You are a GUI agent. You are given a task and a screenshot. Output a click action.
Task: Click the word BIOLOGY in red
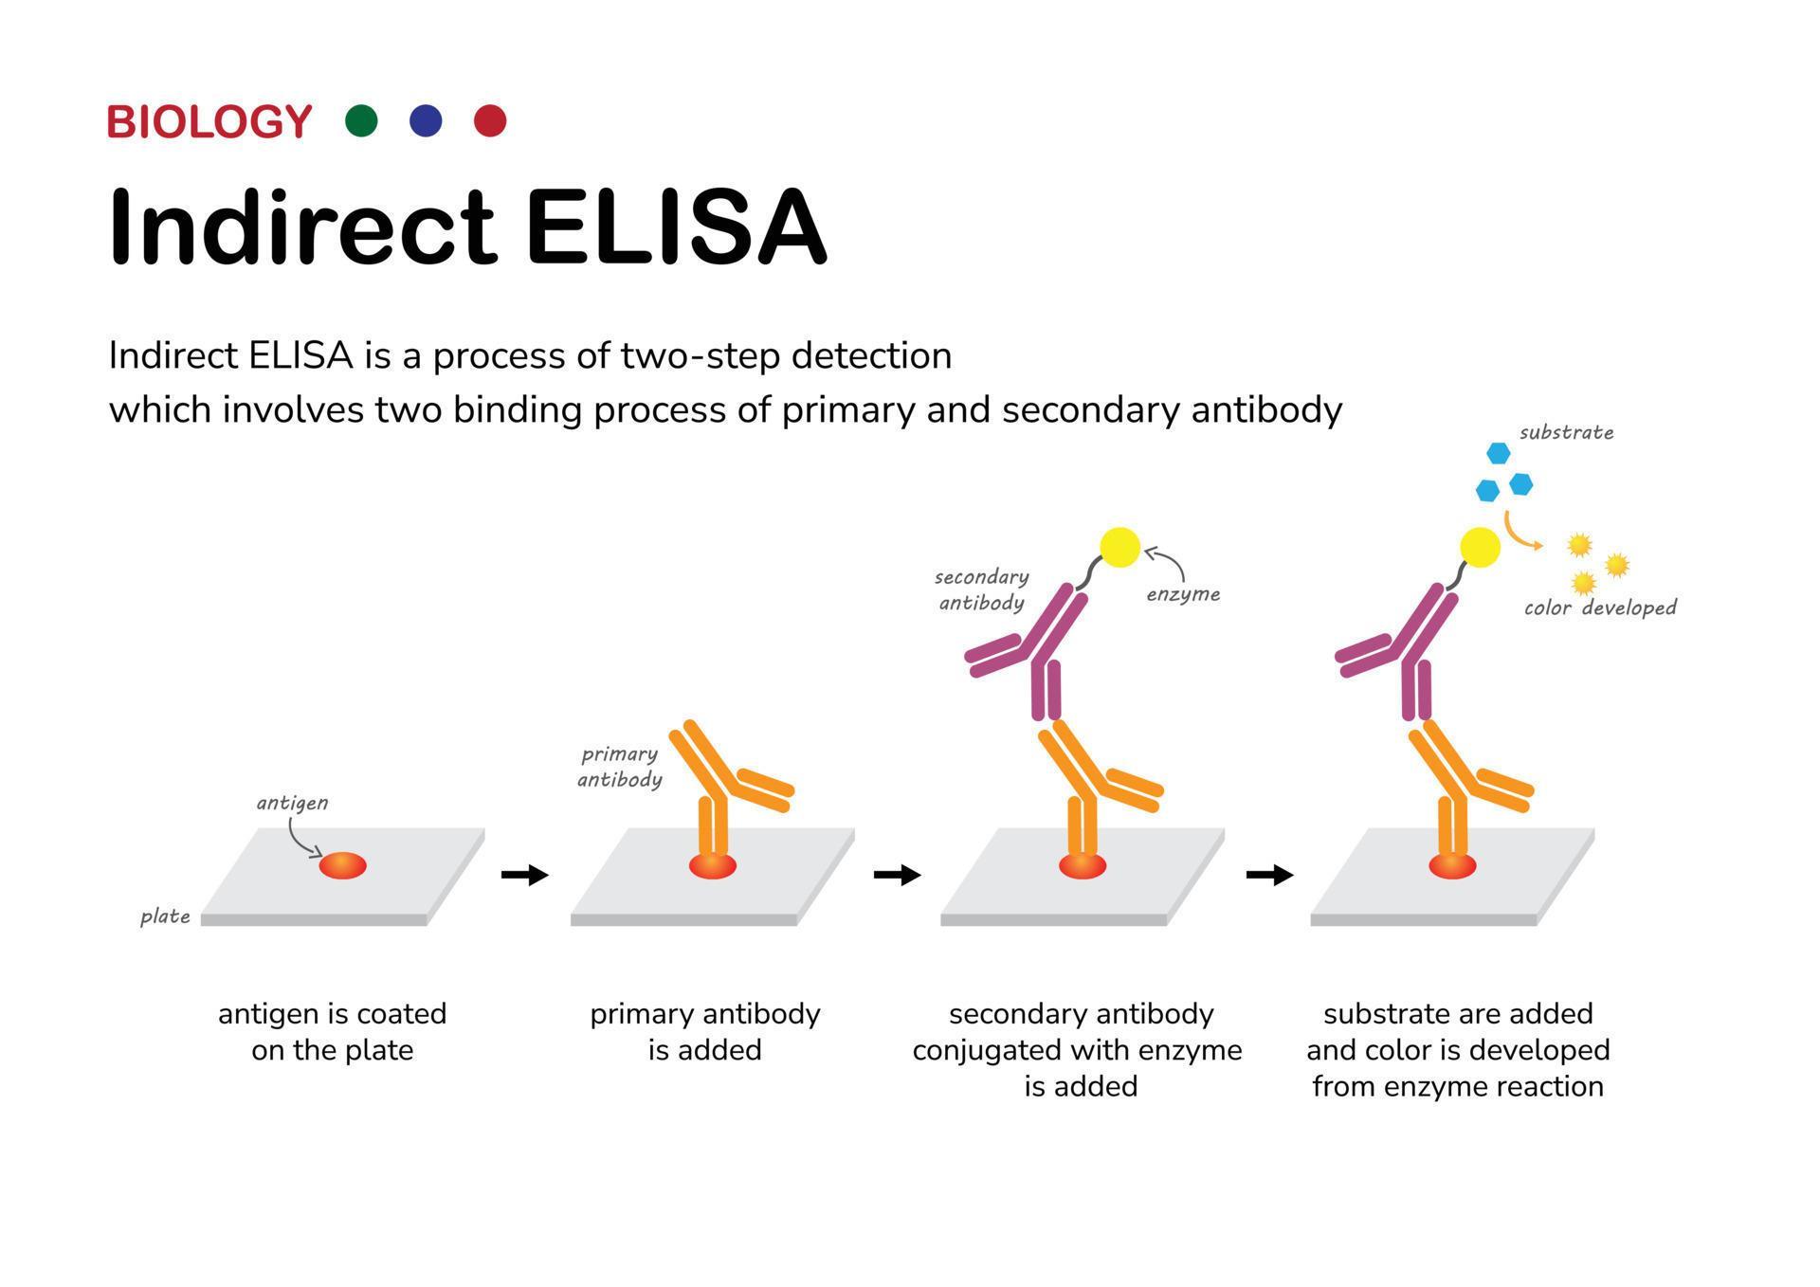click(x=209, y=122)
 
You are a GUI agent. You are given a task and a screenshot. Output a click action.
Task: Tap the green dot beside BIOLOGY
click(x=361, y=121)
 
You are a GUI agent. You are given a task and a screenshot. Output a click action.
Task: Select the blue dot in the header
click(x=426, y=121)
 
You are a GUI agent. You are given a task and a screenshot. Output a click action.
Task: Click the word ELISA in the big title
click(x=676, y=227)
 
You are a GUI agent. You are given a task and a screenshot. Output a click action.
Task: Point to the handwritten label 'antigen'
click(x=292, y=803)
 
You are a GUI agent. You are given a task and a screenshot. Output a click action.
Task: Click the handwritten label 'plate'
click(x=165, y=916)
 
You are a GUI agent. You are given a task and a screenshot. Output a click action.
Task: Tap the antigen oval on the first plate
click(x=342, y=865)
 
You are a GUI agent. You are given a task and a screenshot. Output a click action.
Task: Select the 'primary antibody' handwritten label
click(x=620, y=767)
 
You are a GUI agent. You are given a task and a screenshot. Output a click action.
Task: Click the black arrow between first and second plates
click(x=524, y=874)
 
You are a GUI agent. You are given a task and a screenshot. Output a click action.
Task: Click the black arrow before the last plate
click(x=1269, y=874)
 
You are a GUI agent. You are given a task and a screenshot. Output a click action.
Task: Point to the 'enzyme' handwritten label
click(x=1183, y=594)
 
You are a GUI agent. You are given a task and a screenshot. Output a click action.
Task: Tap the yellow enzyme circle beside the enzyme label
click(x=1119, y=548)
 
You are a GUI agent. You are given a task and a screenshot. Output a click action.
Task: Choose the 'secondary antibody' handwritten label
click(x=981, y=589)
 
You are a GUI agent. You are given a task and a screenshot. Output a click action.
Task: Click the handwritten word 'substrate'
click(x=1566, y=433)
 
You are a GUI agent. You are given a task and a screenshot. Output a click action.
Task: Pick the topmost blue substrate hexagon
click(x=1498, y=453)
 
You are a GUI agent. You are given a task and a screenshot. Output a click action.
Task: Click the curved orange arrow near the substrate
click(x=1520, y=534)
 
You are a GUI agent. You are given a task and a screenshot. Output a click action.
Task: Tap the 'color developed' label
click(x=1600, y=607)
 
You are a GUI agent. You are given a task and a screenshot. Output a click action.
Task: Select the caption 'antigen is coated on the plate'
click(x=332, y=1031)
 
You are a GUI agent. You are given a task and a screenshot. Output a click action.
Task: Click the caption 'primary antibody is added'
click(x=704, y=1031)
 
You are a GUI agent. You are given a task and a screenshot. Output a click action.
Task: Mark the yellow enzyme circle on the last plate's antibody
click(x=1480, y=548)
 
